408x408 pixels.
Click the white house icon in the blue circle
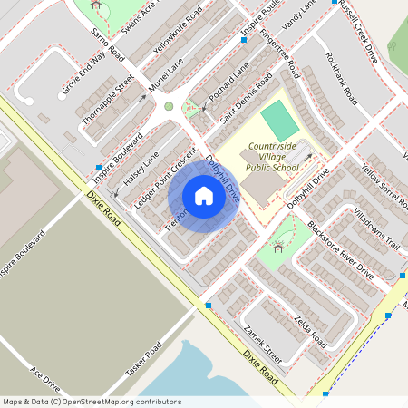[204, 195]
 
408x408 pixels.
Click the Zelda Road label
[310, 328]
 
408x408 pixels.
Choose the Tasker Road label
[143, 362]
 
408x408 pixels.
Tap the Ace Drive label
[44, 380]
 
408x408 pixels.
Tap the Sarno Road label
[106, 44]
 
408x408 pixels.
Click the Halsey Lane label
[141, 168]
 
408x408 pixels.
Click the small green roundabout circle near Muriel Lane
[169, 106]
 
